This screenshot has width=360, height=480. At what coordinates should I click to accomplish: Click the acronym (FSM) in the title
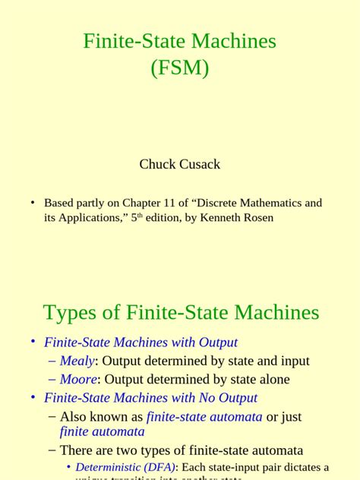(x=179, y=68)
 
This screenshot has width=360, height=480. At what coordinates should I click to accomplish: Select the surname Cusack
(x=199, y=164)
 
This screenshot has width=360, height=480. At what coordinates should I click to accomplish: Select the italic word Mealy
(x=77, y=362)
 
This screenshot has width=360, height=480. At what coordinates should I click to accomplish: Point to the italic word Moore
(x=78, y=380)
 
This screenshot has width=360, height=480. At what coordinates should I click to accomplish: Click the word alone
(x=273, y=380)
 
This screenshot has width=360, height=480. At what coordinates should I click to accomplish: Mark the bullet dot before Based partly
(x=33, y=204)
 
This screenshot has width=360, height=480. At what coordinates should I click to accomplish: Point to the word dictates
(x=300, y=468)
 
